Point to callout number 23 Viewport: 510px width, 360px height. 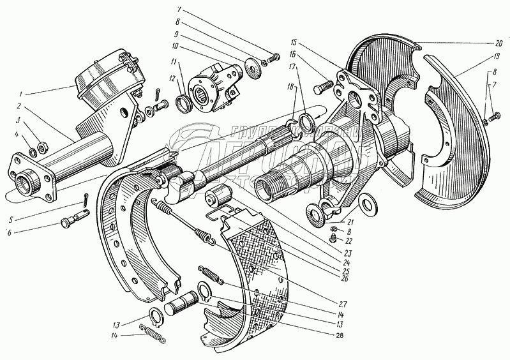coord(345,251)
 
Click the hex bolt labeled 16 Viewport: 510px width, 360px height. coord(323,84)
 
